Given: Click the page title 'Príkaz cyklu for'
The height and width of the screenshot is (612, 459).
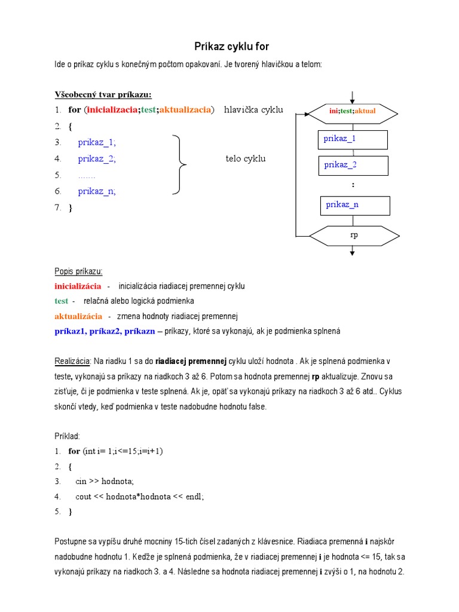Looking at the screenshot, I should tap(228, 46).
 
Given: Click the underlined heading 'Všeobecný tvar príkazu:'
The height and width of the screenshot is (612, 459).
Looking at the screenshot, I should tap(103, 94).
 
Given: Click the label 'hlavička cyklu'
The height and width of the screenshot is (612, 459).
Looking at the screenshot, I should tap(253, 110).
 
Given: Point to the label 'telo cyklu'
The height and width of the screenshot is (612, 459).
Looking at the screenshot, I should tap(246, 159).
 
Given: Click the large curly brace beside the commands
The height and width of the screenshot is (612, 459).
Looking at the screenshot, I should tap(179, 164).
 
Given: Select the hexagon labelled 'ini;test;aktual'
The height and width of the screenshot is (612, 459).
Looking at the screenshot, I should tap(353, 111).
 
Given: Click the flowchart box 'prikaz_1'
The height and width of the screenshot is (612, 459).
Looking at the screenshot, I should tap(353, 139).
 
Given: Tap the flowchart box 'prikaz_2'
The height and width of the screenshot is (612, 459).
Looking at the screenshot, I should tap(353, 166).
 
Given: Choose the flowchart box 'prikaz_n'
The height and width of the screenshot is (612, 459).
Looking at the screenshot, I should tap(355, 205).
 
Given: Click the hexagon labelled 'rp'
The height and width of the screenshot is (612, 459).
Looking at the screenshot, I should tap(354, 235).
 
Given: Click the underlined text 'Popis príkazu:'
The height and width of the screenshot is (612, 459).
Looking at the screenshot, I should tap(78, 271).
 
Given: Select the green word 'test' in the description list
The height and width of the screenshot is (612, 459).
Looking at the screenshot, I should tap(61, 301).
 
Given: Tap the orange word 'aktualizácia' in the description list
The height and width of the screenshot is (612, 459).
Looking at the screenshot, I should tap(78, 316).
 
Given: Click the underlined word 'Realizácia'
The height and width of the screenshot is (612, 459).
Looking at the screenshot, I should tap(72, 362).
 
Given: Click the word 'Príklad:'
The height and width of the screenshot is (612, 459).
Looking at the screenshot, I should tap(67, 437).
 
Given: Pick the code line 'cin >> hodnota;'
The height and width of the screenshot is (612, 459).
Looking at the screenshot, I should tap(104, 481).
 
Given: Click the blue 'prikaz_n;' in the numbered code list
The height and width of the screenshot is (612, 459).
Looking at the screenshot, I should tap(97, 191).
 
